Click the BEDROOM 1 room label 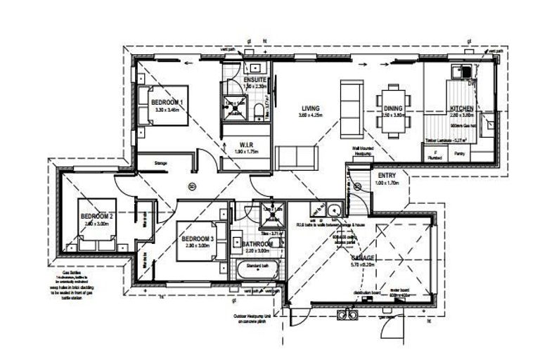(167, 102)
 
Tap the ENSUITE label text (255, 80)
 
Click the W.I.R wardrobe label (246, 145)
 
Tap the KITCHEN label (461, 108)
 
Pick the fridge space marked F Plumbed (436, 154)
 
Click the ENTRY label (387, 175)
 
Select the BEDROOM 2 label (97, 216)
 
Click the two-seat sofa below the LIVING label (292, 155)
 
